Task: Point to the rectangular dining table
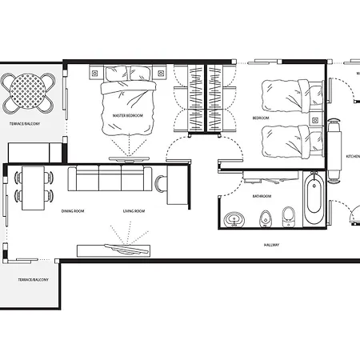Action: (x=33, y=187)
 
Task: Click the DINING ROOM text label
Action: (x=73, y=211)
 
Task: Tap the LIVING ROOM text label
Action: (x=133, y=211)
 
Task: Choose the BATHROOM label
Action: (x=261, y=195)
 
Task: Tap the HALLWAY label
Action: (x=270, y=245)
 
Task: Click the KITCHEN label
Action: (x=352, y=156)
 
